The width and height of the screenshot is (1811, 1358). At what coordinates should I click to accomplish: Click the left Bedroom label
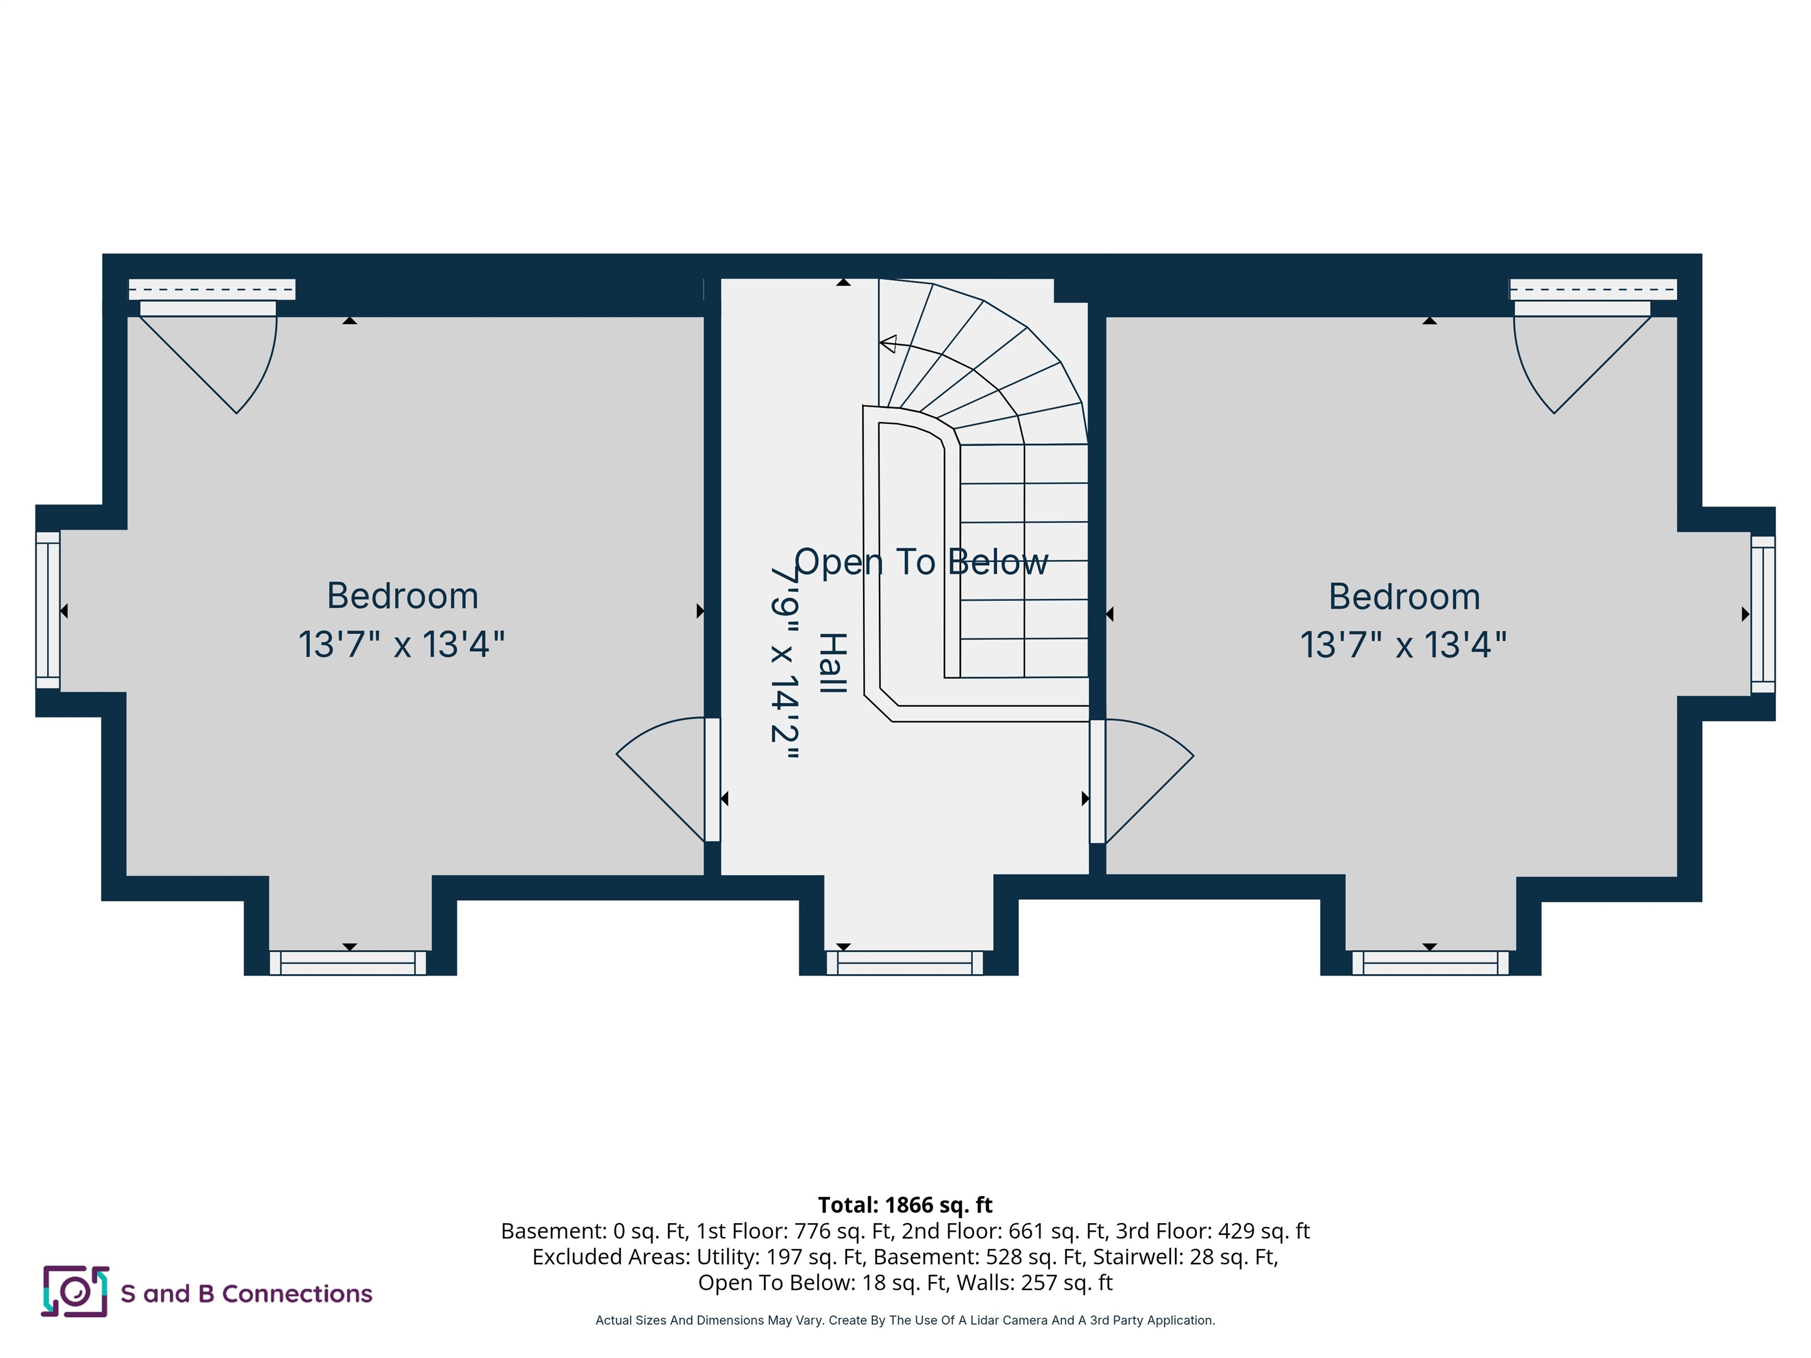tap(402, 596)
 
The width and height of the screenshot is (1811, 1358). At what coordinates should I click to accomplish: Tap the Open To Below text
tap(920, 562)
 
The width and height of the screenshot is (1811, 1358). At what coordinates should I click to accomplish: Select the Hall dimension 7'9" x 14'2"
tap(784, 663)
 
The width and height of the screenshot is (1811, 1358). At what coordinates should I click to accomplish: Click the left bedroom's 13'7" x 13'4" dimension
tap(401, 644)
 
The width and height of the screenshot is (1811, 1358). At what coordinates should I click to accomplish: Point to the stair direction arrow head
tap(887, 344)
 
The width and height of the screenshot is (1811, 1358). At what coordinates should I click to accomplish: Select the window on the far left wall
tap(48, 611)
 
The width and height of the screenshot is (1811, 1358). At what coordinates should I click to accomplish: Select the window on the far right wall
tap(1762, 614)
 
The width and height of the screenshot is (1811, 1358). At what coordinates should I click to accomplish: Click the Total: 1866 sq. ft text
tap(905, 1205)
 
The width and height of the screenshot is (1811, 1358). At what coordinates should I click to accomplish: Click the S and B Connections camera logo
tap(75, 1292)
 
